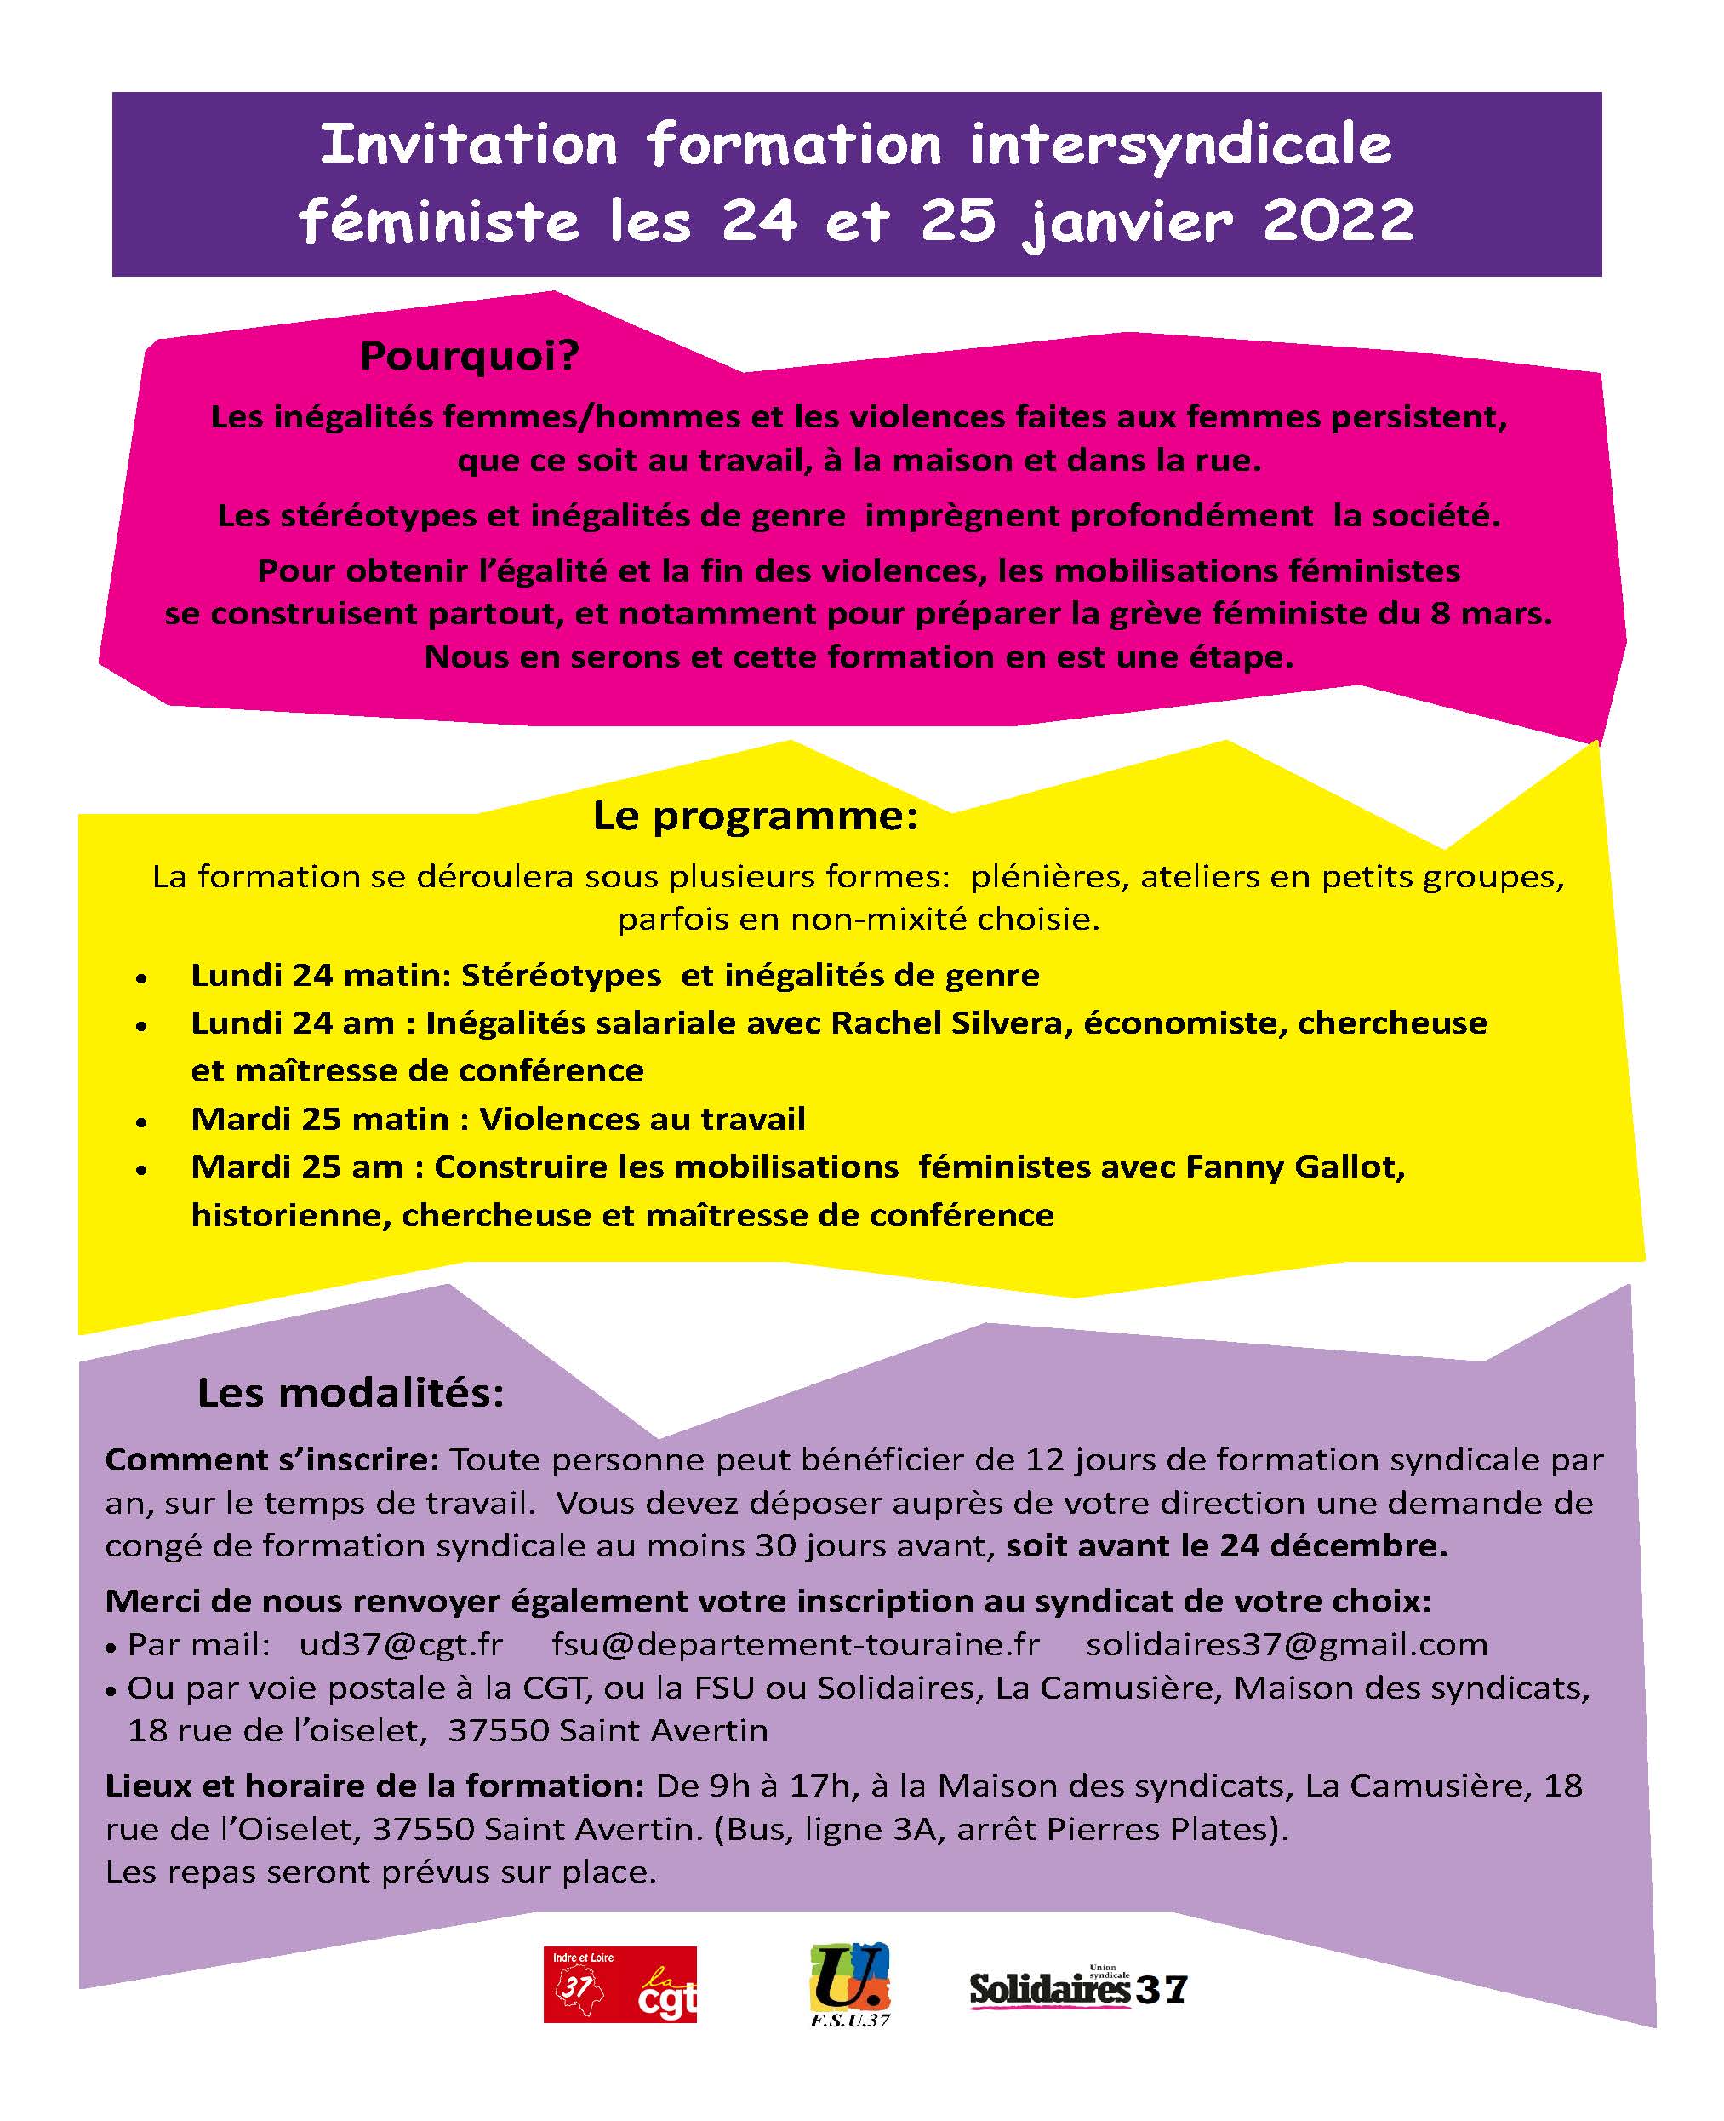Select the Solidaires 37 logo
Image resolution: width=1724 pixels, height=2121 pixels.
[1077, 1989]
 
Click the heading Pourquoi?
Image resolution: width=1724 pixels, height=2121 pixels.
[470, 356]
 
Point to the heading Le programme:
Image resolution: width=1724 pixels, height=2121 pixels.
[755, 816]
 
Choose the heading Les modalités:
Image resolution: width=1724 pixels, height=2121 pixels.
[351, 1393]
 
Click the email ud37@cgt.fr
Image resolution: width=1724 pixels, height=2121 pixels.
[401, 1644]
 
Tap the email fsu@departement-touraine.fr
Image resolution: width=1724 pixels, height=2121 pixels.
[795, 1644]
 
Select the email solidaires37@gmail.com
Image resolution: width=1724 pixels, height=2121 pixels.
[1286, 1644]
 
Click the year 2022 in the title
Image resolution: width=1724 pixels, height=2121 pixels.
[1338, 221]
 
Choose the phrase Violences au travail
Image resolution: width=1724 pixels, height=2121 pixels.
[642, 1120]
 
